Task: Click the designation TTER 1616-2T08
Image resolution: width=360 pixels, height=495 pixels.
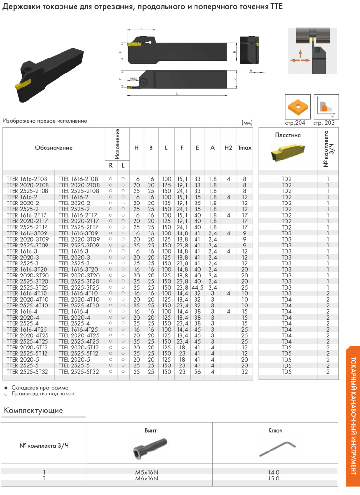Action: click(28, 179)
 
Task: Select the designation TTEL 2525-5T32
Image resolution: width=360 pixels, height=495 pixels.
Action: click(78, 372)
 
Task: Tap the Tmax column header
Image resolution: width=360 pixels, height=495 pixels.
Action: click(244, 148)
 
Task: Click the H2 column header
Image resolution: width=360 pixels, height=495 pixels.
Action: click(228, 148)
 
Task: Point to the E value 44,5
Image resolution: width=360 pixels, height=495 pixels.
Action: click(197, 287)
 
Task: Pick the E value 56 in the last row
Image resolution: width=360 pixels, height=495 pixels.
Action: click(197, 372)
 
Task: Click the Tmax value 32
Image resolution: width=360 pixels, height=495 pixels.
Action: click(245, 372)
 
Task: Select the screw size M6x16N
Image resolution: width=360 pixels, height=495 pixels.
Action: click(150, 479)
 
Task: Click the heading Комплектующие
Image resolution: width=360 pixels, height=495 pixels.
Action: click(33, 411)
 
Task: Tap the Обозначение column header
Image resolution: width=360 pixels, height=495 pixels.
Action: click(54, 148)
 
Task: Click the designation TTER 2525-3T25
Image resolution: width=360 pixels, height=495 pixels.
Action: click(28, 287)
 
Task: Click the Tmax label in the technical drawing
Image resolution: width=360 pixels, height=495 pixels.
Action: click(134, 78)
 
